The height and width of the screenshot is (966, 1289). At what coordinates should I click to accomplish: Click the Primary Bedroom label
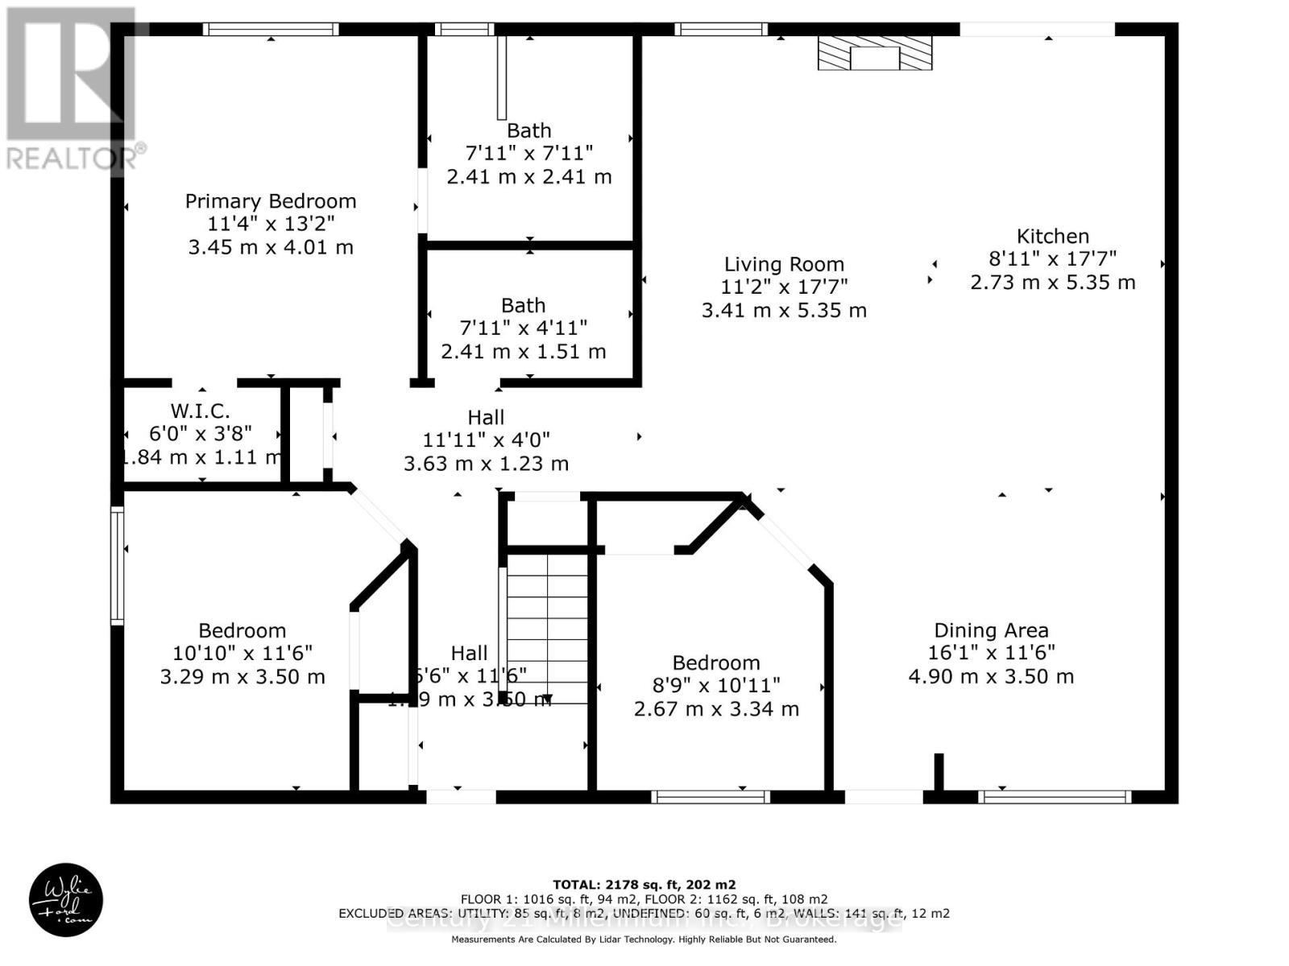(271, 201)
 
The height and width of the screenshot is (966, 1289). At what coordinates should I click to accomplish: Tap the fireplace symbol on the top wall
(875, 53)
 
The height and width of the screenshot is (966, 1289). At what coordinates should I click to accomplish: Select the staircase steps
(547, 628)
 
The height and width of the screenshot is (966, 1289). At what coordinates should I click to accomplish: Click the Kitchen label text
(1052, 237)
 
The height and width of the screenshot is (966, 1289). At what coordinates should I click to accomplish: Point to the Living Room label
(784, 265)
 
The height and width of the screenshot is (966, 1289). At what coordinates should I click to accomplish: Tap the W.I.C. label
(200, 411)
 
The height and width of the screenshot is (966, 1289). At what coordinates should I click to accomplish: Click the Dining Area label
(991, 631)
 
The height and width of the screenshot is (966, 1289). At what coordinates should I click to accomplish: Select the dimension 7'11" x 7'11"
(528, 153)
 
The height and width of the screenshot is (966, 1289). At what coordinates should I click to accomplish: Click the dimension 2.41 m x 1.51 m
(523, 352)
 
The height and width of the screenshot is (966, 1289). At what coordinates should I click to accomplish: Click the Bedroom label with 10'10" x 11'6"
(242, 631)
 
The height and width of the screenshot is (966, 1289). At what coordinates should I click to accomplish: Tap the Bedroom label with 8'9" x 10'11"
(716, 663)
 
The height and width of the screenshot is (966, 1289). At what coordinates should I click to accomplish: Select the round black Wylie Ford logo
(66, 900)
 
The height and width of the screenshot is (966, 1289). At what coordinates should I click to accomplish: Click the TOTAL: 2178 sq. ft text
(644, 884)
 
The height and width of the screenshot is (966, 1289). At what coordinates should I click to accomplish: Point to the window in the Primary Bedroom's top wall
(271, 30)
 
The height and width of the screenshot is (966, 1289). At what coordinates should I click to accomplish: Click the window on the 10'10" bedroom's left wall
(118, 565)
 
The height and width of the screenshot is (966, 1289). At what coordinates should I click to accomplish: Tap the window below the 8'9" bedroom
(711, 797)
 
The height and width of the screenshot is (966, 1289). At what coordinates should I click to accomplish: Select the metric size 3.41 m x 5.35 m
(784, 311)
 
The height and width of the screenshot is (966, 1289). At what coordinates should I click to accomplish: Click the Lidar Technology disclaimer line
(644, 939)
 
